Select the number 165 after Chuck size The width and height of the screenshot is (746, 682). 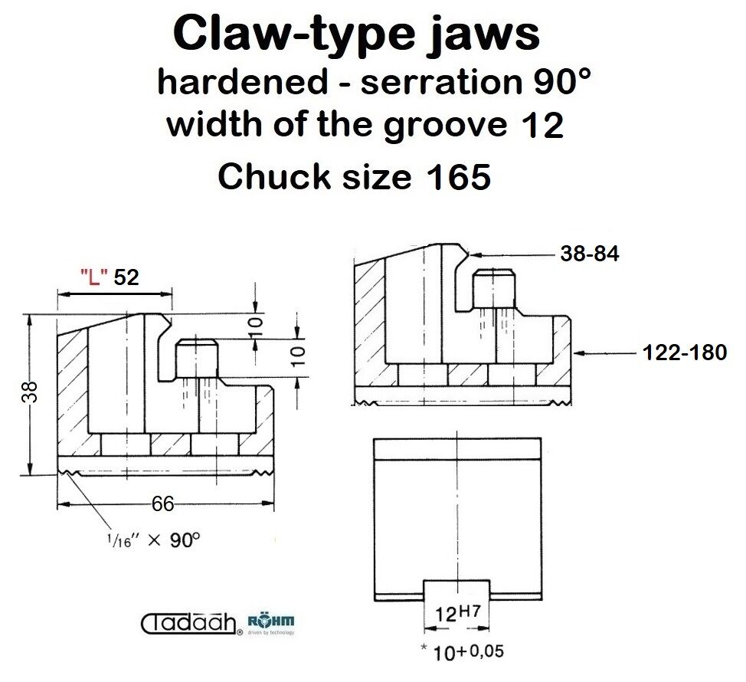(x=459, y=176)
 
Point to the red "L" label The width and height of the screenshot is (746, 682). (x=93, y=276)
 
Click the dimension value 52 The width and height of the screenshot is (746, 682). (x=126, y=277)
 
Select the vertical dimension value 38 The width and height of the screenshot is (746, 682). (x=31, y=392)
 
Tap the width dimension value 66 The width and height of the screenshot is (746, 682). (x=162, y=503)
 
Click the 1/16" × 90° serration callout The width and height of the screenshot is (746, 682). (x=153, y=539)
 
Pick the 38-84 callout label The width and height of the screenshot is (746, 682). (x=590, y=253)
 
